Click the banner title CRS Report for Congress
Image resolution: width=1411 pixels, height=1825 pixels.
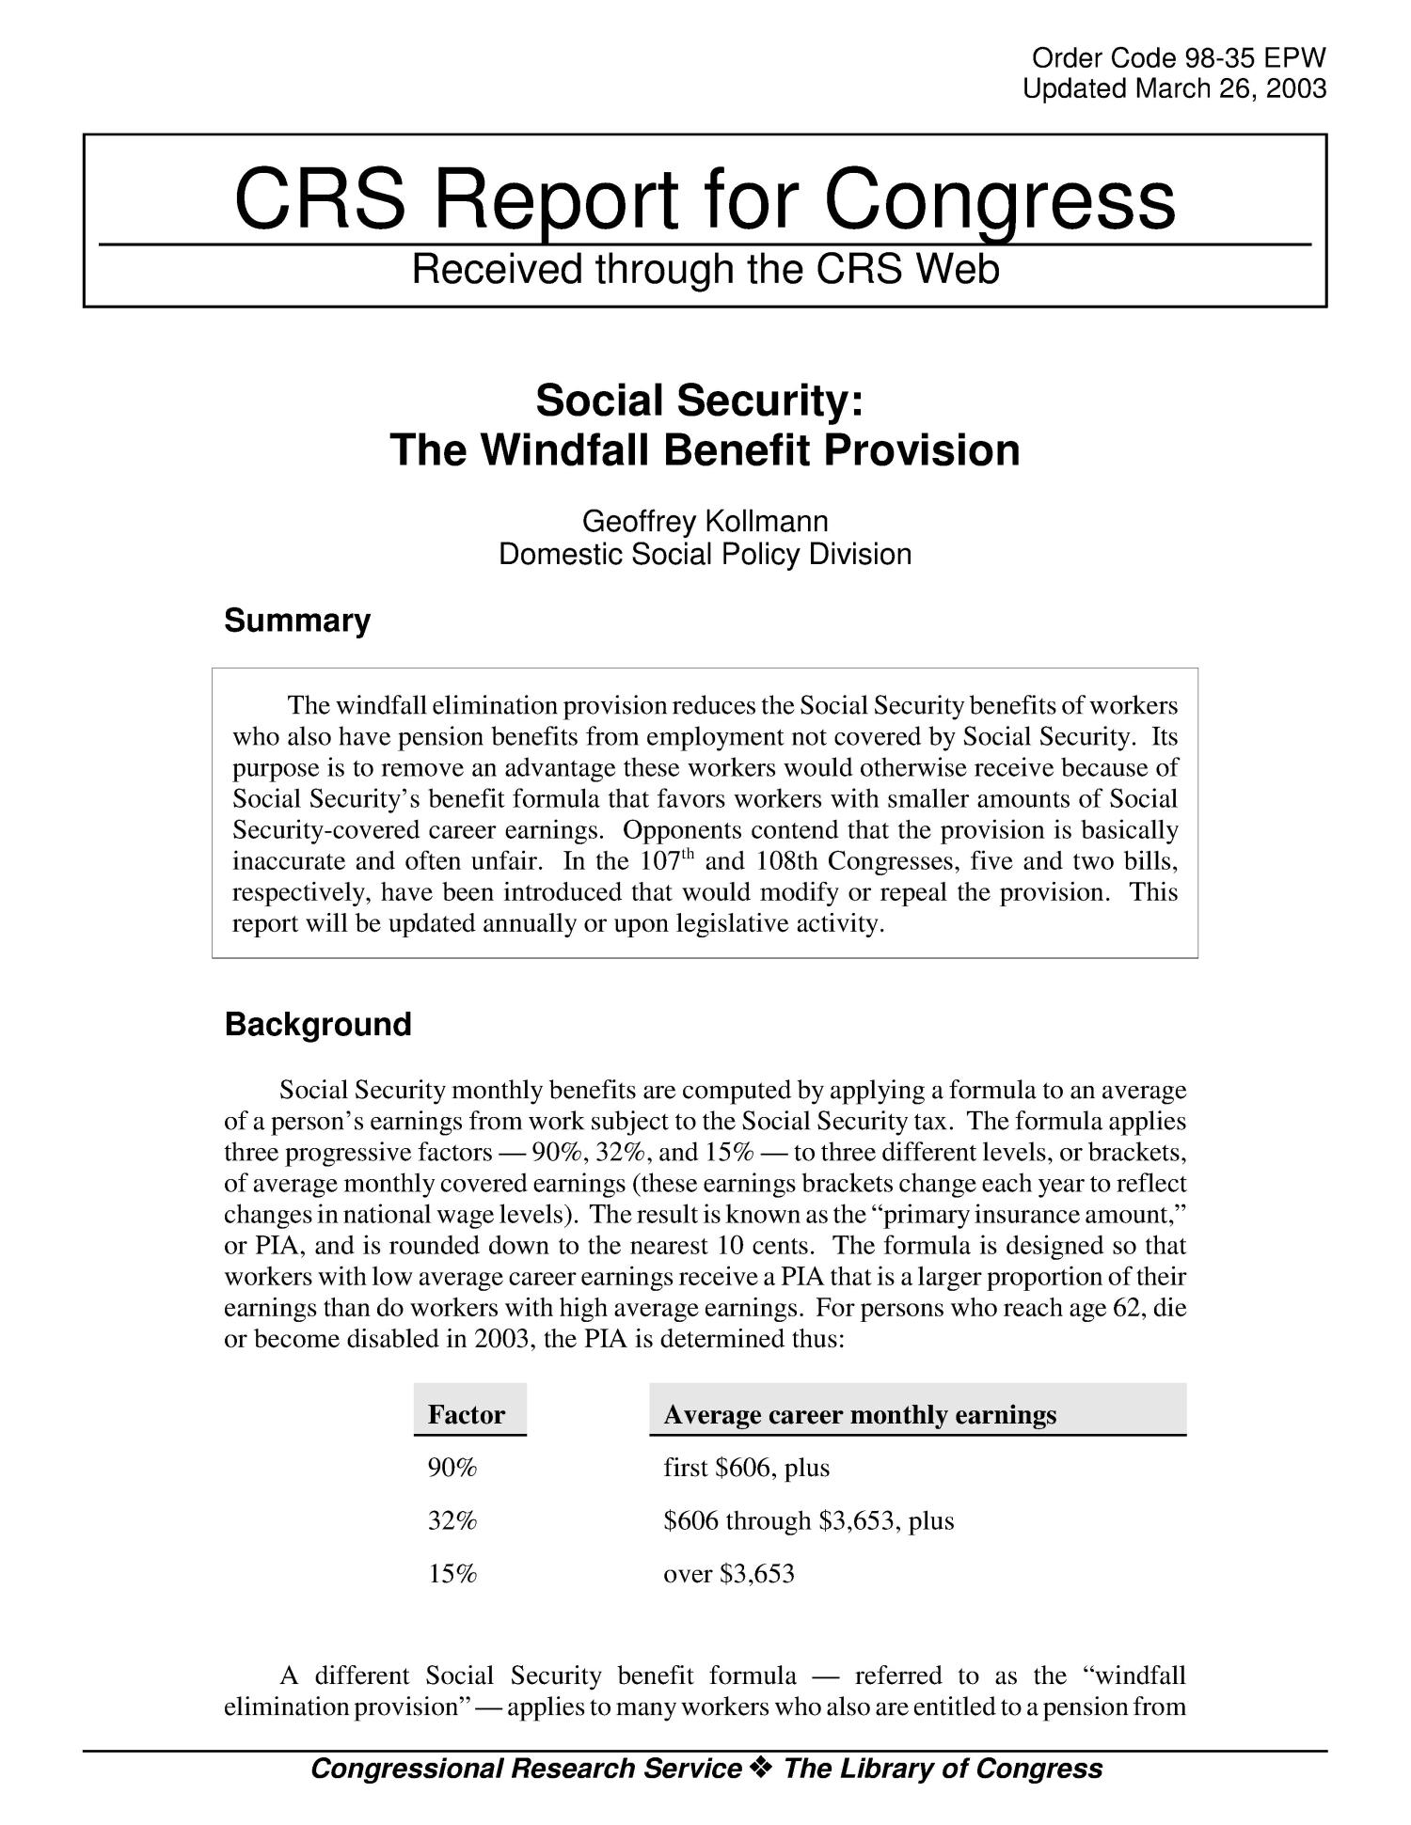[x=705, y=199]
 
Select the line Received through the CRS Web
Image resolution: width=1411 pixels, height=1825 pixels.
[x=705, y=270]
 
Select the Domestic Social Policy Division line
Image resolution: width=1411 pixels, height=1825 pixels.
[x=705, y=554]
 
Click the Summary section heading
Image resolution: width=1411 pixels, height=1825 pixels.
[x=297, y=621]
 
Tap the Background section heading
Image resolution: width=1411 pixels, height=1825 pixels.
[x=318, y=1024]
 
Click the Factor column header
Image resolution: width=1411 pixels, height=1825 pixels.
[x=467, y=1414]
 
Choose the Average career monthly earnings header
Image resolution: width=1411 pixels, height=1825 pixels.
[x=859, y=1414]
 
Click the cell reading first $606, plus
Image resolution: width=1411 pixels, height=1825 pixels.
[x=746, y=1468]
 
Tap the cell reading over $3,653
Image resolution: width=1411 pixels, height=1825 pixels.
[x=729, y=1573]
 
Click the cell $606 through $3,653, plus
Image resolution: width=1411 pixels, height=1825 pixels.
[x=808, y=1520]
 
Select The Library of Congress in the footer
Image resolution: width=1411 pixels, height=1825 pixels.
[x=943, y=1769]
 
